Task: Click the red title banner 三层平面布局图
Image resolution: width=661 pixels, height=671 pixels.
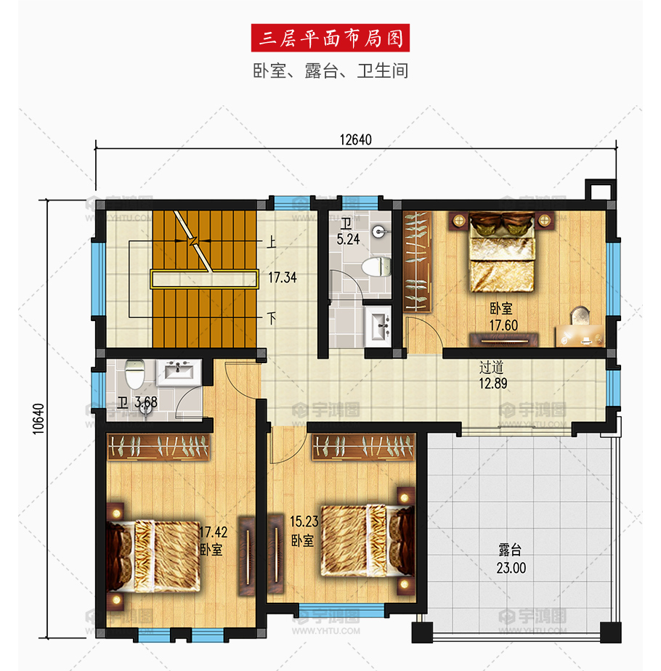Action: (330, 38)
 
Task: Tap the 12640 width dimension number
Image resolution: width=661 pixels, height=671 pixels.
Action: (355, 140)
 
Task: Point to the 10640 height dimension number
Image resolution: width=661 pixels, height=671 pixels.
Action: (38, 419)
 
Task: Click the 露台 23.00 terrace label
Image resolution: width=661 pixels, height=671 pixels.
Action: (511, 559)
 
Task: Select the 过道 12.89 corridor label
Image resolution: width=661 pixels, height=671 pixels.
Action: (492, 375)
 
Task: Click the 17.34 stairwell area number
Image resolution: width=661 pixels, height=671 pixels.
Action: (282, 277)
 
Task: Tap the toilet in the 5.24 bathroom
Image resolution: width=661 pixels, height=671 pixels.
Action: (377, 267)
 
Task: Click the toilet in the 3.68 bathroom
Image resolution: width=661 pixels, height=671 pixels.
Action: (135, 373)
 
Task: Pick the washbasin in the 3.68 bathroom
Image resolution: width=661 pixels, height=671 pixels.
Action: (179, 373)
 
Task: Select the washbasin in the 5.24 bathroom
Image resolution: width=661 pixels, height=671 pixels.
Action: (378, 325)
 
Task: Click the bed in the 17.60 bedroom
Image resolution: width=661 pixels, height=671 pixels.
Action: (502, 252)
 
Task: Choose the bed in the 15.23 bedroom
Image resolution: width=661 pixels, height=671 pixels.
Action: (368, 540)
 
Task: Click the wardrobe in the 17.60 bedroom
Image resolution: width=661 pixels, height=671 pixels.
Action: (417, 261)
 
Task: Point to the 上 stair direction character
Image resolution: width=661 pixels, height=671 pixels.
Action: (272, 243)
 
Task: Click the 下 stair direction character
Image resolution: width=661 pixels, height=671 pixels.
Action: (272, 318)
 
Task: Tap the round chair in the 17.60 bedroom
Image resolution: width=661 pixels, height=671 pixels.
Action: (580, 315)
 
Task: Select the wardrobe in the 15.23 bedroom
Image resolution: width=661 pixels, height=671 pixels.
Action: (363, 447)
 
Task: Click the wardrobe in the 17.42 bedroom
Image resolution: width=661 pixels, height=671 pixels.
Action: (158, 447)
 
